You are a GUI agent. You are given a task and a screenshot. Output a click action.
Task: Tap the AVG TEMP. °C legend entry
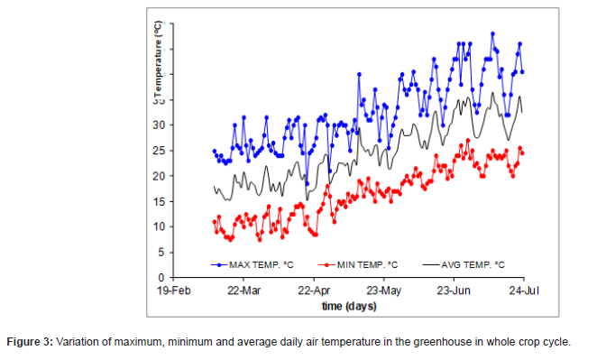473,264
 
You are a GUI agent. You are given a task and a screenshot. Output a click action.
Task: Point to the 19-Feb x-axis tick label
173,291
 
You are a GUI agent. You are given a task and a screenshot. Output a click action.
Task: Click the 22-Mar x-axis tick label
243,291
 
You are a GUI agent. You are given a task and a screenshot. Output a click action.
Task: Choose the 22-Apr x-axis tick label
314,291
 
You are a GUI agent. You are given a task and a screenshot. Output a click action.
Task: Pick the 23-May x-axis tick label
384,291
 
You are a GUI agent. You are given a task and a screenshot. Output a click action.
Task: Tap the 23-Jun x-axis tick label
454,291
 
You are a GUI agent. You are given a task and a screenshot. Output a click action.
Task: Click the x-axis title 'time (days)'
349,306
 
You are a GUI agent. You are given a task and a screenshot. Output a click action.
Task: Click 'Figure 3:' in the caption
31,343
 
